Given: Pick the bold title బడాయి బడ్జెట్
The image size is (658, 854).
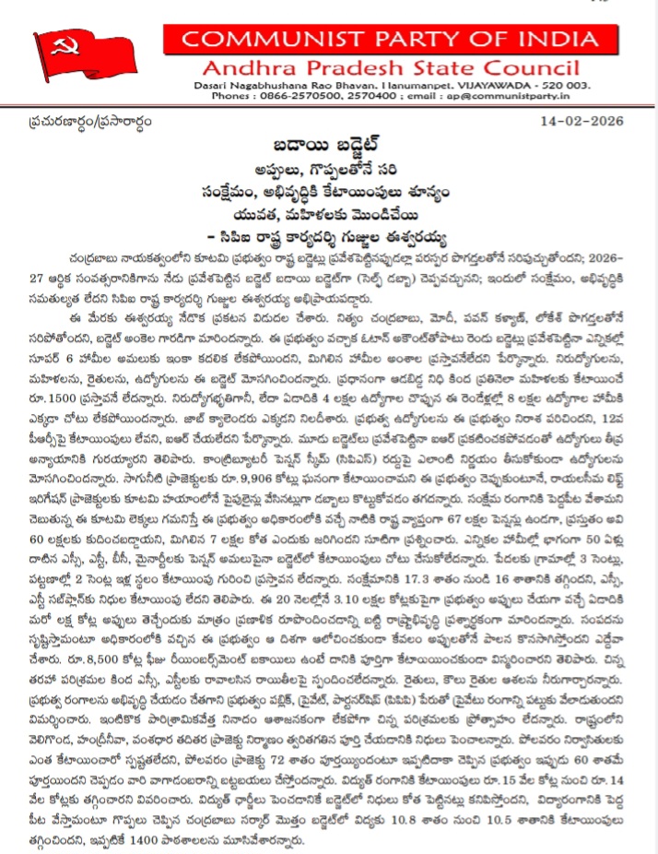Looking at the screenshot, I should pos(327,148).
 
